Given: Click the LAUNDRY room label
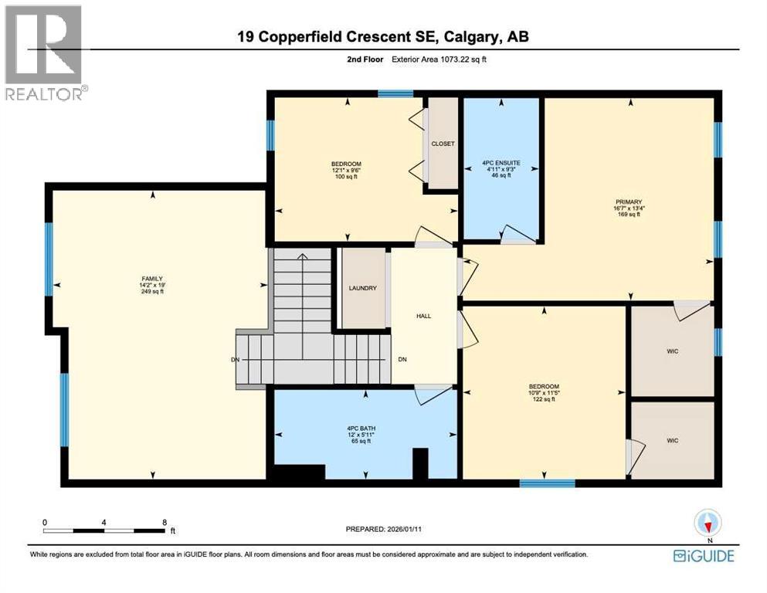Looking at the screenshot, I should coord(362,288).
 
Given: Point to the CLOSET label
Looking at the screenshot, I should coord(443,144).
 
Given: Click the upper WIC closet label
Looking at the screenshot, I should coord(672,351).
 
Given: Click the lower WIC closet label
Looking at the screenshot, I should coord(672,440).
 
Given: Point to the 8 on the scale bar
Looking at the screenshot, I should coord(164,522).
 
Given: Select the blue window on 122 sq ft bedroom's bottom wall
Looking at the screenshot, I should coord(547,484).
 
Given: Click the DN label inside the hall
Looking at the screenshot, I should coord(402,360).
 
